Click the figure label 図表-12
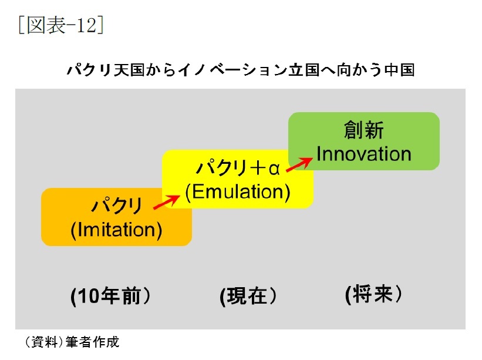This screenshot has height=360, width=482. click(x=61, y=25)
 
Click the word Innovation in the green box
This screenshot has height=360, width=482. click(x=363, y=154)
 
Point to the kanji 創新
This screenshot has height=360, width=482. click(x=363, y=129)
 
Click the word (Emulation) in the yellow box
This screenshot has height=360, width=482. click(x=238, y=192)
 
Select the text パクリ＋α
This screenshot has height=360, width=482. click(x=238, y=168)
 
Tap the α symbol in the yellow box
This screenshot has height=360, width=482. click(x=274, y=169)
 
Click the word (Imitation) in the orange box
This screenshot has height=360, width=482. click(x=116, y=230)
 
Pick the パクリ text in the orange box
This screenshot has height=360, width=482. click(x=116, y=206)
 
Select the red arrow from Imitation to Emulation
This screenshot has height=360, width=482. click(x=167, y=202)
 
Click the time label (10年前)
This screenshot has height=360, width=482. click(x=110, y=296)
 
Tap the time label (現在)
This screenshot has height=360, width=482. click(x=248, y=296)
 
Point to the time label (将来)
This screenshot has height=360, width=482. click(x=373, y=294)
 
